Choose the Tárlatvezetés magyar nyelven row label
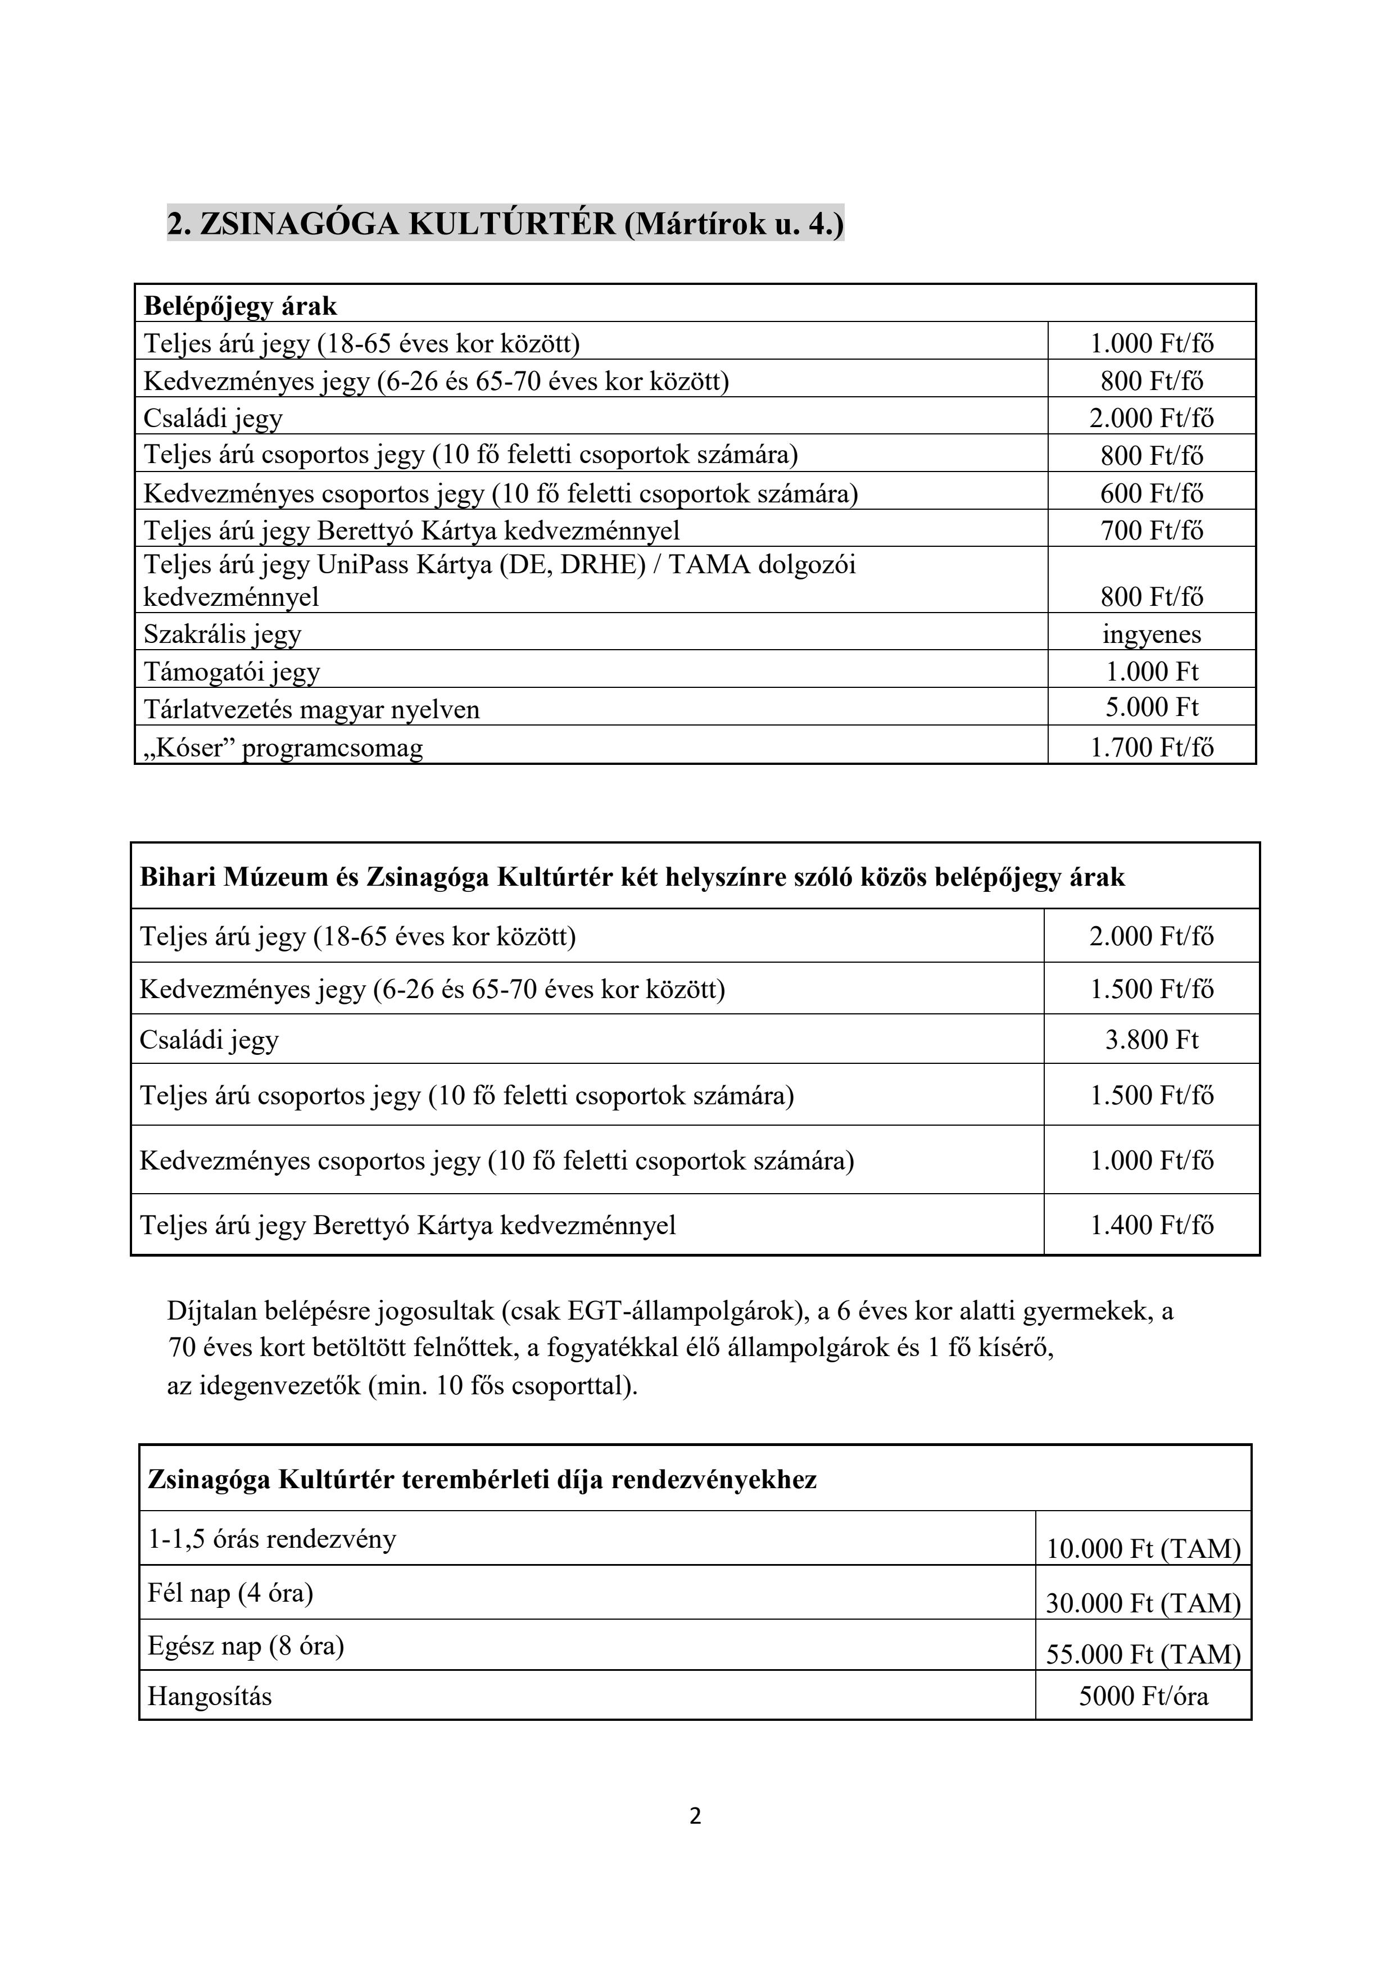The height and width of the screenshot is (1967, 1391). [x=312, y=709]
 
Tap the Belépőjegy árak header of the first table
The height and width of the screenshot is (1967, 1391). [x=241, y=306]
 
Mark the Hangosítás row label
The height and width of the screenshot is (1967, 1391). [x=210, y=1696]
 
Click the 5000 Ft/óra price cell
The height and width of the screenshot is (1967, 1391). [x=1144, y=1696]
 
